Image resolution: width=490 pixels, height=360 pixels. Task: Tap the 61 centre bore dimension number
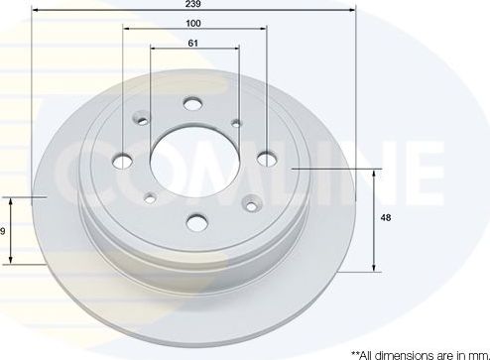194,43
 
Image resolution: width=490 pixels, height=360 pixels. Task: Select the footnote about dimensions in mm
417,353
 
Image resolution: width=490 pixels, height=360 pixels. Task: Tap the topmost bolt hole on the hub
192,103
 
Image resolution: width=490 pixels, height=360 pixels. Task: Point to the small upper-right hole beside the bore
235,124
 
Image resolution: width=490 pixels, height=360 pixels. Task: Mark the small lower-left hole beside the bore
149,195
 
